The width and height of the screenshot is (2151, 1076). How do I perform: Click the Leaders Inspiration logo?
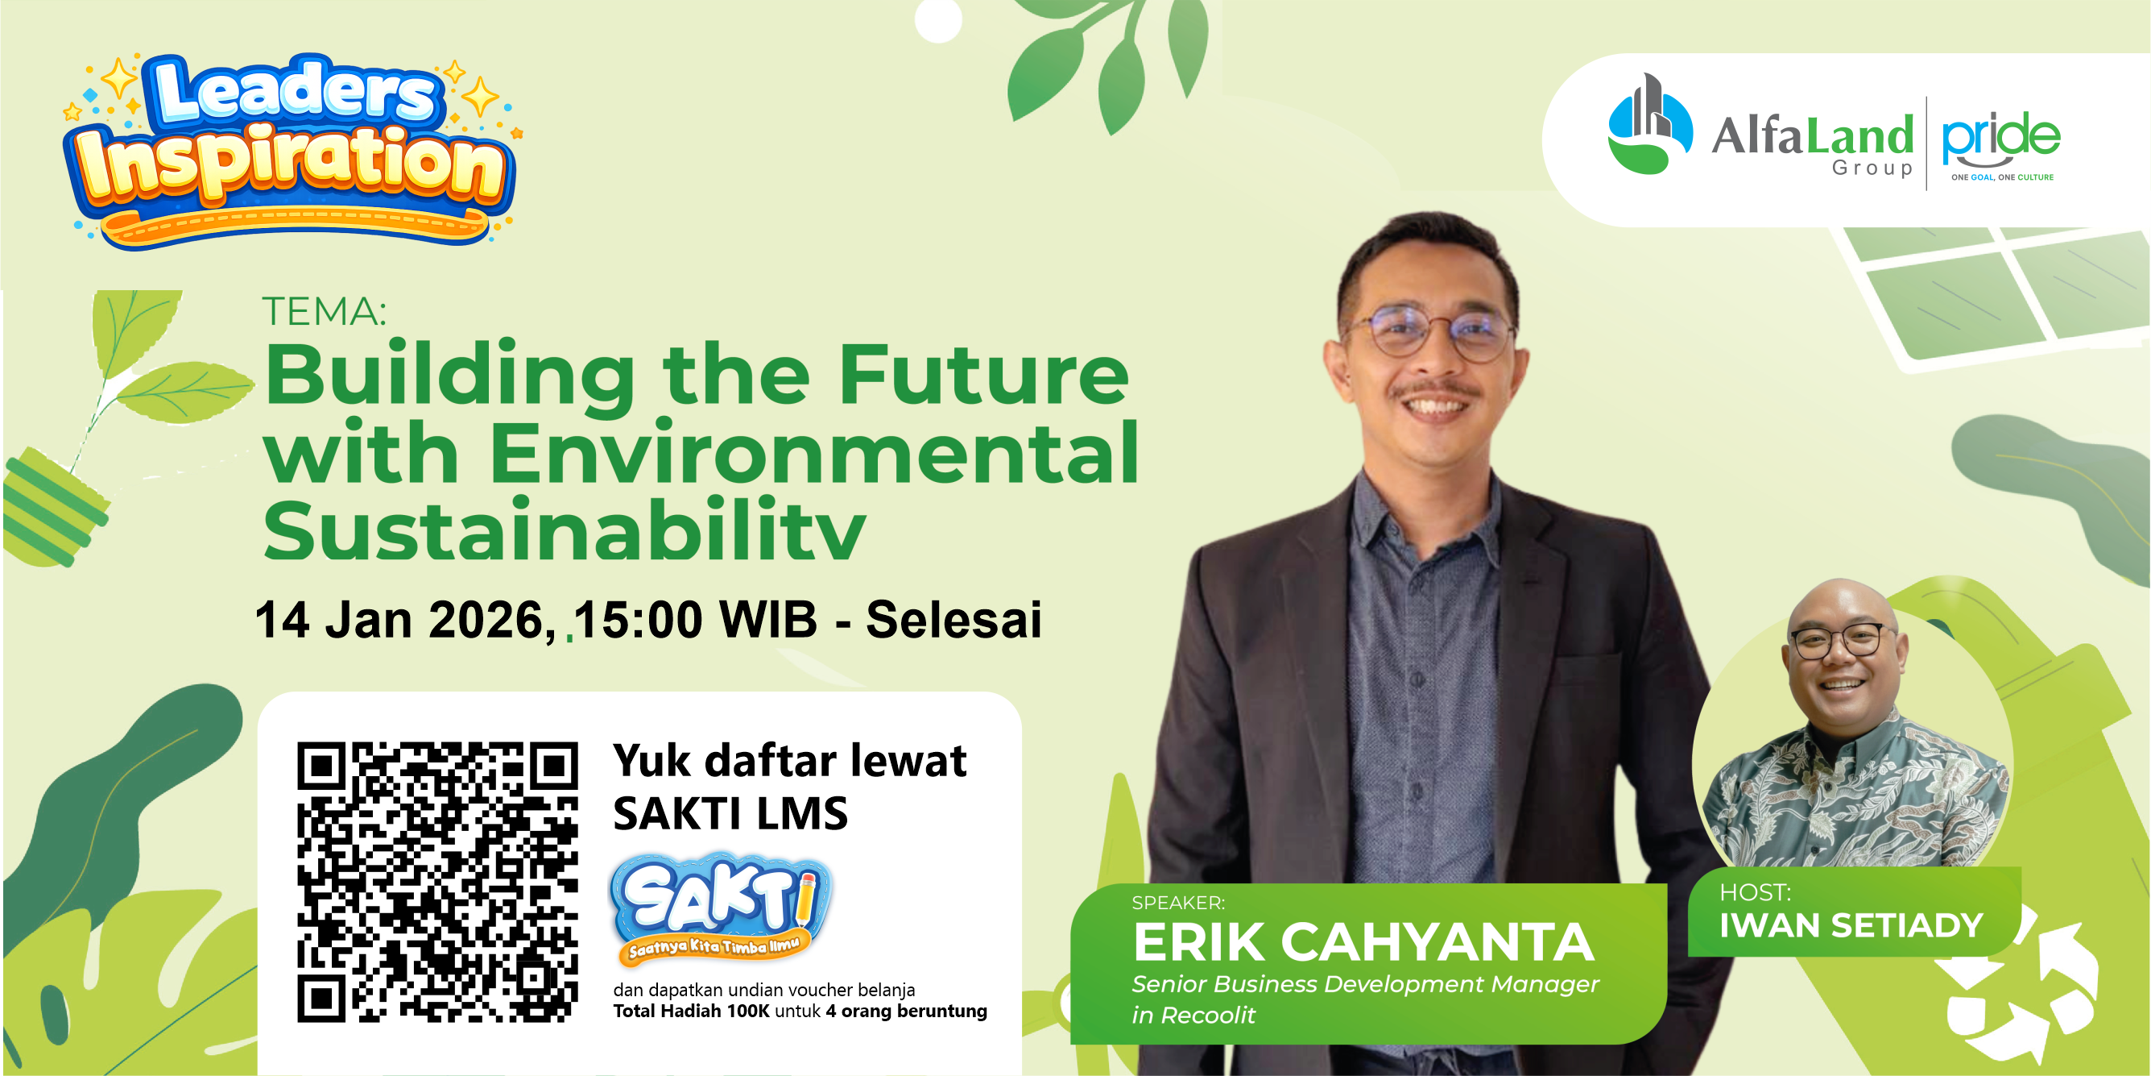point(290,151)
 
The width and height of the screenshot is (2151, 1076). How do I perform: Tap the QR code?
point(436,881)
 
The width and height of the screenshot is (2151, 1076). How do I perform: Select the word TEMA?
point(324,312)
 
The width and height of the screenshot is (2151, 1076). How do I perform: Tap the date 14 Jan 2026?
point(405,621)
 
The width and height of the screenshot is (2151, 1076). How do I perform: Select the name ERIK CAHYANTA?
point(1363,942)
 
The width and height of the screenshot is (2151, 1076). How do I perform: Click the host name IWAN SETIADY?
point(1851,925)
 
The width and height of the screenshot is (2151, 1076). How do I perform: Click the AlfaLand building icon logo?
point(1649,125)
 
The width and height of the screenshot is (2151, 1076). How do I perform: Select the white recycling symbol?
point(2021,994)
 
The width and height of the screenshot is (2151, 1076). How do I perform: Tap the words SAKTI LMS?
point(730,814)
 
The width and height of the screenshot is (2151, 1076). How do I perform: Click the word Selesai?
point(953,621)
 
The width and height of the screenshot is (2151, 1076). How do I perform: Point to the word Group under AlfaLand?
point(1872,168)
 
